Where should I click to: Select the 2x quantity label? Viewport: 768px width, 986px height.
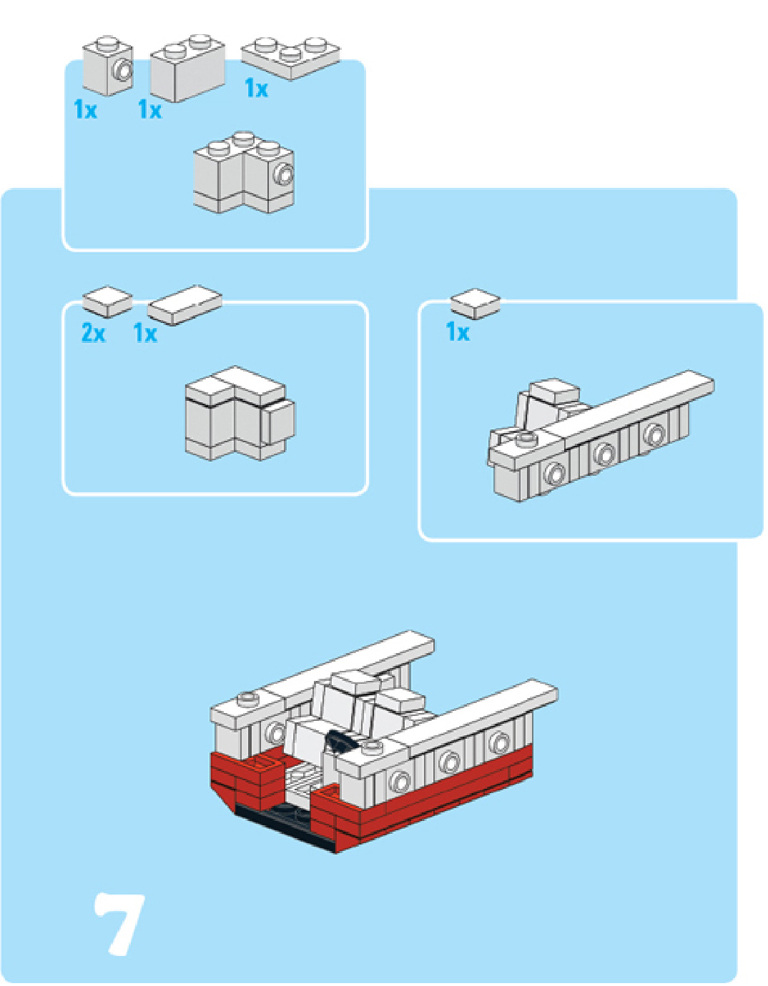coord(93,332)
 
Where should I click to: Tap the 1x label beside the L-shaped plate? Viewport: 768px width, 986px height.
coord(256,89)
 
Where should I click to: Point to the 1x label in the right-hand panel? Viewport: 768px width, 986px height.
coord(458,332)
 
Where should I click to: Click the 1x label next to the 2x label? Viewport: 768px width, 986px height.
coord(145,333)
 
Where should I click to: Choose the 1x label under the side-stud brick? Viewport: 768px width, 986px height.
coord(85,109)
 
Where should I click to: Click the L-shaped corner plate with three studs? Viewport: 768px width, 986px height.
coord(290,57)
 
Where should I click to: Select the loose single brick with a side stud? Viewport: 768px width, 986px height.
coord(109,66)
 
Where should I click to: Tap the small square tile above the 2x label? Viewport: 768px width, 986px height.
coord(107,301)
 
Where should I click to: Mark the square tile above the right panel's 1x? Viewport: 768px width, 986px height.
coord(475,303)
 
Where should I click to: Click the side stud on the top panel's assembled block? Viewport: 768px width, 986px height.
coord(285,174)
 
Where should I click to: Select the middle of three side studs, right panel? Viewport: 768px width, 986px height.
coord(604,453)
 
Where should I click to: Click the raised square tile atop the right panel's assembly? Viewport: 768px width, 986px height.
coord(554,390)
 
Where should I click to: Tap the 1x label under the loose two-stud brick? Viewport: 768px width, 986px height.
coord(149,109)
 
